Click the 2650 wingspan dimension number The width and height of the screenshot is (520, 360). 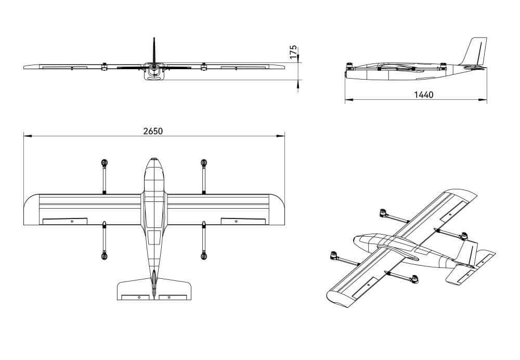153,131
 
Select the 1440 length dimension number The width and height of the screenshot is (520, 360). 423,95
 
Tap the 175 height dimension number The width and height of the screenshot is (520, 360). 293,53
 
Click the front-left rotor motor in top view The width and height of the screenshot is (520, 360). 105,163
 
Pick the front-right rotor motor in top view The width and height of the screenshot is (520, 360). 204,163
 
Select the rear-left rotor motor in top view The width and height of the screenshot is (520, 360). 105,255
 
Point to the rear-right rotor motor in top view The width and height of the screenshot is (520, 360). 204,255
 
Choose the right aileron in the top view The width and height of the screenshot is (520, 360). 243,221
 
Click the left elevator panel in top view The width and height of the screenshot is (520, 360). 135,297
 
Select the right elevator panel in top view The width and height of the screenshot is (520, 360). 173,297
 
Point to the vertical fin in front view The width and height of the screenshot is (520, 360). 154,49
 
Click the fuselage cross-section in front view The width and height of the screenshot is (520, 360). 154,73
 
